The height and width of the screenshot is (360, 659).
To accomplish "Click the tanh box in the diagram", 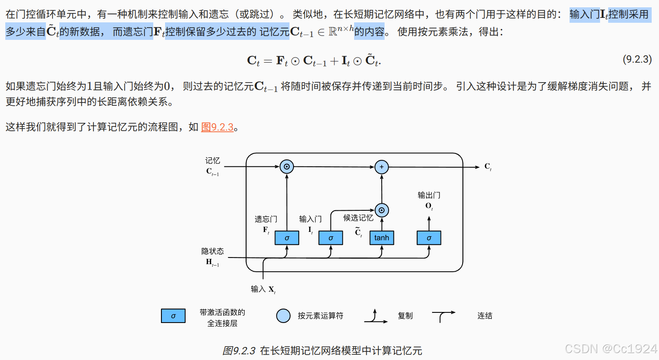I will [381, 238].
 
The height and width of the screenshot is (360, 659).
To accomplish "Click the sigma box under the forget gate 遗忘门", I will [287, 238].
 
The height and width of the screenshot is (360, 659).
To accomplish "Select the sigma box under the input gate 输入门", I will [331, 238].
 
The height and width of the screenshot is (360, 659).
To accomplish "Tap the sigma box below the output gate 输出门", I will [428, 238].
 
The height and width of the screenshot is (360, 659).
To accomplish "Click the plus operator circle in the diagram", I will [381, 167].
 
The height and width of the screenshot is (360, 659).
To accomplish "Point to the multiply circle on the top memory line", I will [287, 167].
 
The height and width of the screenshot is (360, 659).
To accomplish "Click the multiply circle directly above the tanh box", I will [381, 210].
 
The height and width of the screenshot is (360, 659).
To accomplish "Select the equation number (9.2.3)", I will [637, 59].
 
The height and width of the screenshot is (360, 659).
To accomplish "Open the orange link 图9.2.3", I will [217, 127].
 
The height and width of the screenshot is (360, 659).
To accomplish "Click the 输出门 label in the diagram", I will [429, 195].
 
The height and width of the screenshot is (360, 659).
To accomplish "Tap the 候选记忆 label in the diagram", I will [358, 218].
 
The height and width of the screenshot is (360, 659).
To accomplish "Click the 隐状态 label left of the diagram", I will [213, 251].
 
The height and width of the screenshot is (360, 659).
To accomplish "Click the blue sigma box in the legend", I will [173, 316].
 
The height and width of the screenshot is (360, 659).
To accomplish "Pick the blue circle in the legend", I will [283, 316].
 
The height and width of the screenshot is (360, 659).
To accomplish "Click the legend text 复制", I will [405, 316].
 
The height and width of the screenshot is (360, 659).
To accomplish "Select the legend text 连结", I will [485, 316].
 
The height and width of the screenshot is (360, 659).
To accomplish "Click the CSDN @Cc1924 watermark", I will [611, 349].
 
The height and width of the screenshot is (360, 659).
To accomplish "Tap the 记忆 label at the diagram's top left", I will [213, 161].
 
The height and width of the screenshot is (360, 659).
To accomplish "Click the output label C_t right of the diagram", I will [488, 167].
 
